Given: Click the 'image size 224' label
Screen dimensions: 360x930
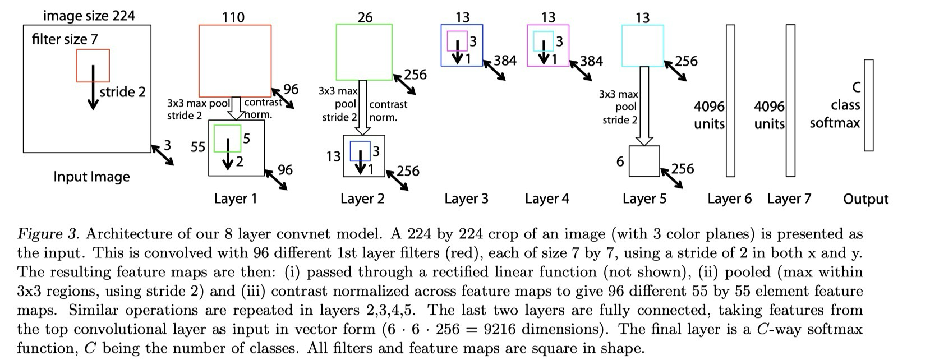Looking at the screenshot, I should coord(89,15).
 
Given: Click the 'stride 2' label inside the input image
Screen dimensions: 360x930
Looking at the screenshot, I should coord(122,92).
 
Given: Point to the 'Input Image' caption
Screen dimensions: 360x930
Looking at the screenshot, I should coord(91,177).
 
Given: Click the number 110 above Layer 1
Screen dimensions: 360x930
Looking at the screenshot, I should coord(233,17).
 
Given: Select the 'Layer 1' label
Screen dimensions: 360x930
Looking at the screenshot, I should coord(235,199).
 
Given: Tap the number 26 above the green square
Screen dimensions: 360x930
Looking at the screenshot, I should coord(365,17).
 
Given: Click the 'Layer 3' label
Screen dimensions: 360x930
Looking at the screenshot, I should coord(466,199).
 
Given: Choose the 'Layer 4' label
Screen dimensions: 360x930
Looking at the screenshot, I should coord(547,199).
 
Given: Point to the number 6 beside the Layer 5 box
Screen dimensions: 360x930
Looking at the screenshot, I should coord(620,162).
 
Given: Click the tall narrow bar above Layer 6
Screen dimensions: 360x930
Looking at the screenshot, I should coord(730,101).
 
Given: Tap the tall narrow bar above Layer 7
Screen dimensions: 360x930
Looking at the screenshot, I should coord(790,101).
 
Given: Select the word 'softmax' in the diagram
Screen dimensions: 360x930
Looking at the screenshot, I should coord(834,123).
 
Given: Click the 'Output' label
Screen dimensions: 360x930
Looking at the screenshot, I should coord(865,199).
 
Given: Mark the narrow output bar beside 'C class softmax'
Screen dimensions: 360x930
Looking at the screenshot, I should coord(868,105).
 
